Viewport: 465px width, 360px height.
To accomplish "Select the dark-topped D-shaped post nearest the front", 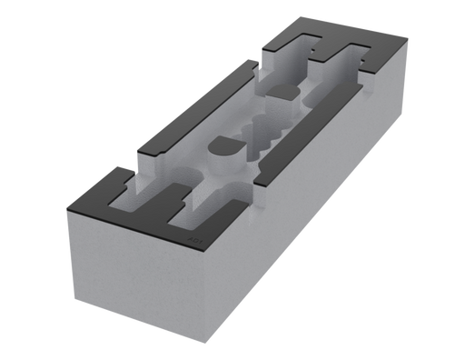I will pyautogui.click(x=224, y=149).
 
